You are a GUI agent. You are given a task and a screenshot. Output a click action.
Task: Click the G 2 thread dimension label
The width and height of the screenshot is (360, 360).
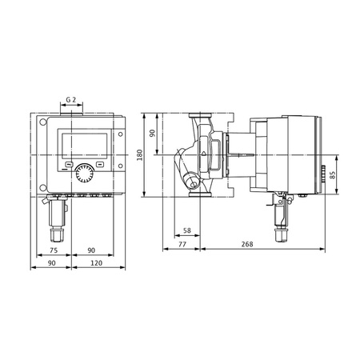click(x=70, y=101)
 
